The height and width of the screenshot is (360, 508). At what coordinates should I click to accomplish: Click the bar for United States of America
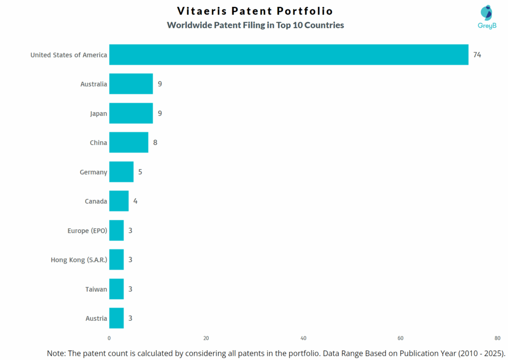tap(289, 54)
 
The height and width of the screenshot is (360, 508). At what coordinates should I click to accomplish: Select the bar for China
tap(128, 143)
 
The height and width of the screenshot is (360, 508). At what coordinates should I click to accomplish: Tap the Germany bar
tap(121, 172)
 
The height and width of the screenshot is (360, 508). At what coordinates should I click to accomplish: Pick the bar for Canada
tap(119, 201)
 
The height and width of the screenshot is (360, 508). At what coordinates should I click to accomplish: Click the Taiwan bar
tap(116, 289)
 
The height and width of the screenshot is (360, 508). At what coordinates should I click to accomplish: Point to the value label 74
tap(477, 54)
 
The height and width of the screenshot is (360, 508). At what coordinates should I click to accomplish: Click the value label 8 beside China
tap(155, 143)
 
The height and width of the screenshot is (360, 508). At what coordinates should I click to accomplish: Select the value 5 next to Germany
tap(140, 172)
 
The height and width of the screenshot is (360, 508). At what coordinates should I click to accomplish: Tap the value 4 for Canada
tap(135, 201)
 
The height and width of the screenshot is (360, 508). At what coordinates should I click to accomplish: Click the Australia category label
tap(94, 84)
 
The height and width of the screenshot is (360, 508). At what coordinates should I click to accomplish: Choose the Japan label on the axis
tap(98, 113)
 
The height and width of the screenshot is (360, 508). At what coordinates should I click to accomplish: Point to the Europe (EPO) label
tap(87, 230)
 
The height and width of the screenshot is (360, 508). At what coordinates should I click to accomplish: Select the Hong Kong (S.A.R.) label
tap(79, 259)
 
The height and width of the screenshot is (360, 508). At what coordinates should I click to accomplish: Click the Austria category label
tap(96, 318)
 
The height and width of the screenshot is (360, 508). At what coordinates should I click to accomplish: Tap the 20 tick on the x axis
tap(206, 338)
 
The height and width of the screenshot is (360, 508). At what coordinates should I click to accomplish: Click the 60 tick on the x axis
tap(400, 338)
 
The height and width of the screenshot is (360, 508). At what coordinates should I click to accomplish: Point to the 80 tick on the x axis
tap(497, 338)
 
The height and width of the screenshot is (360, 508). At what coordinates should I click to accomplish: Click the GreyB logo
tap(486, 17)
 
